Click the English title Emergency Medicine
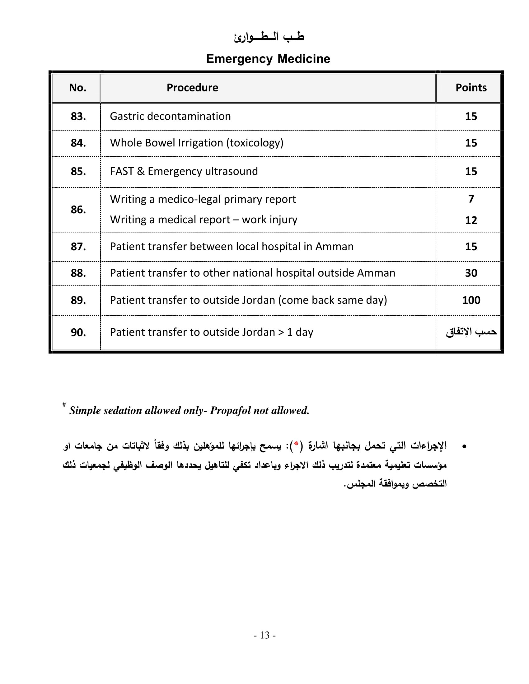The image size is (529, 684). [x=268, y=59]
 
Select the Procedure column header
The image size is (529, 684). [x=192, y=88]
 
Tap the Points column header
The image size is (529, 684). [x=471, y=88]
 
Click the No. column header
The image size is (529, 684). [x=77, y=88]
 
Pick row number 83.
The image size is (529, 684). [x=78, y=117]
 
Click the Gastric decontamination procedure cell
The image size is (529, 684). [x=170, y=116]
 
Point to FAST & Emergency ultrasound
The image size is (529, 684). [x=184, y=171]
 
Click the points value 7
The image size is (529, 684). [x=471, y=199]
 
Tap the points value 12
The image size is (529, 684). [x=471, y=220]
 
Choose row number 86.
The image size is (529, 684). [x=78, y=210]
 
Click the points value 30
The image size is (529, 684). [x=471, y=273]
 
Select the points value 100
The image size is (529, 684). [x=471, y=300]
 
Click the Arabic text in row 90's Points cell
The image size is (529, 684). [x=471, y=332]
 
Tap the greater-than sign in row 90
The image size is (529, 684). [x=281, y=332]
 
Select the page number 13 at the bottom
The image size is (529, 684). [x=264, y=635]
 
